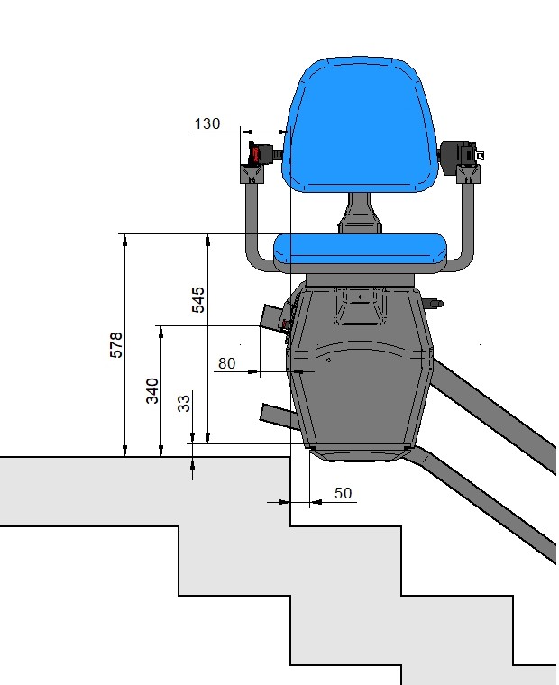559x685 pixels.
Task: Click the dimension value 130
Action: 207,123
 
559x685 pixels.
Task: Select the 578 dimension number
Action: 115,345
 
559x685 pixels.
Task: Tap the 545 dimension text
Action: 198,299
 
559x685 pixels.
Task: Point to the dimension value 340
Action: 152,390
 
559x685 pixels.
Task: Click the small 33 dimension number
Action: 184,403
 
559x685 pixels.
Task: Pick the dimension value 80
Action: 227,363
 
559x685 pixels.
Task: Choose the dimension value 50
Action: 344,493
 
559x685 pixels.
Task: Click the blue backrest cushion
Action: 359,124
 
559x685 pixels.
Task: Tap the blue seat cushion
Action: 360,249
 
